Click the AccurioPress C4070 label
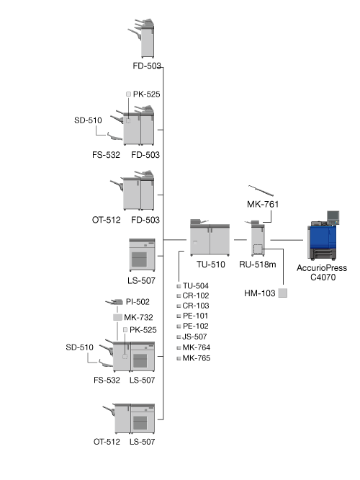[322, 272]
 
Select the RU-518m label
[258, 265]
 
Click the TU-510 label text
[211, 265]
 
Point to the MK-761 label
[263, 204]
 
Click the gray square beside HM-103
[283, 293]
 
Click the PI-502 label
[138, 302]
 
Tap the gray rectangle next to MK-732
[117, 317]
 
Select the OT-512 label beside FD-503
[106, 220]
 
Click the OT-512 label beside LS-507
[107, 442]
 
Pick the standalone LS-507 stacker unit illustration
[142, 255]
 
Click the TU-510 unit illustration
[210, 238]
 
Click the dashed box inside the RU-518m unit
[258, 249]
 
